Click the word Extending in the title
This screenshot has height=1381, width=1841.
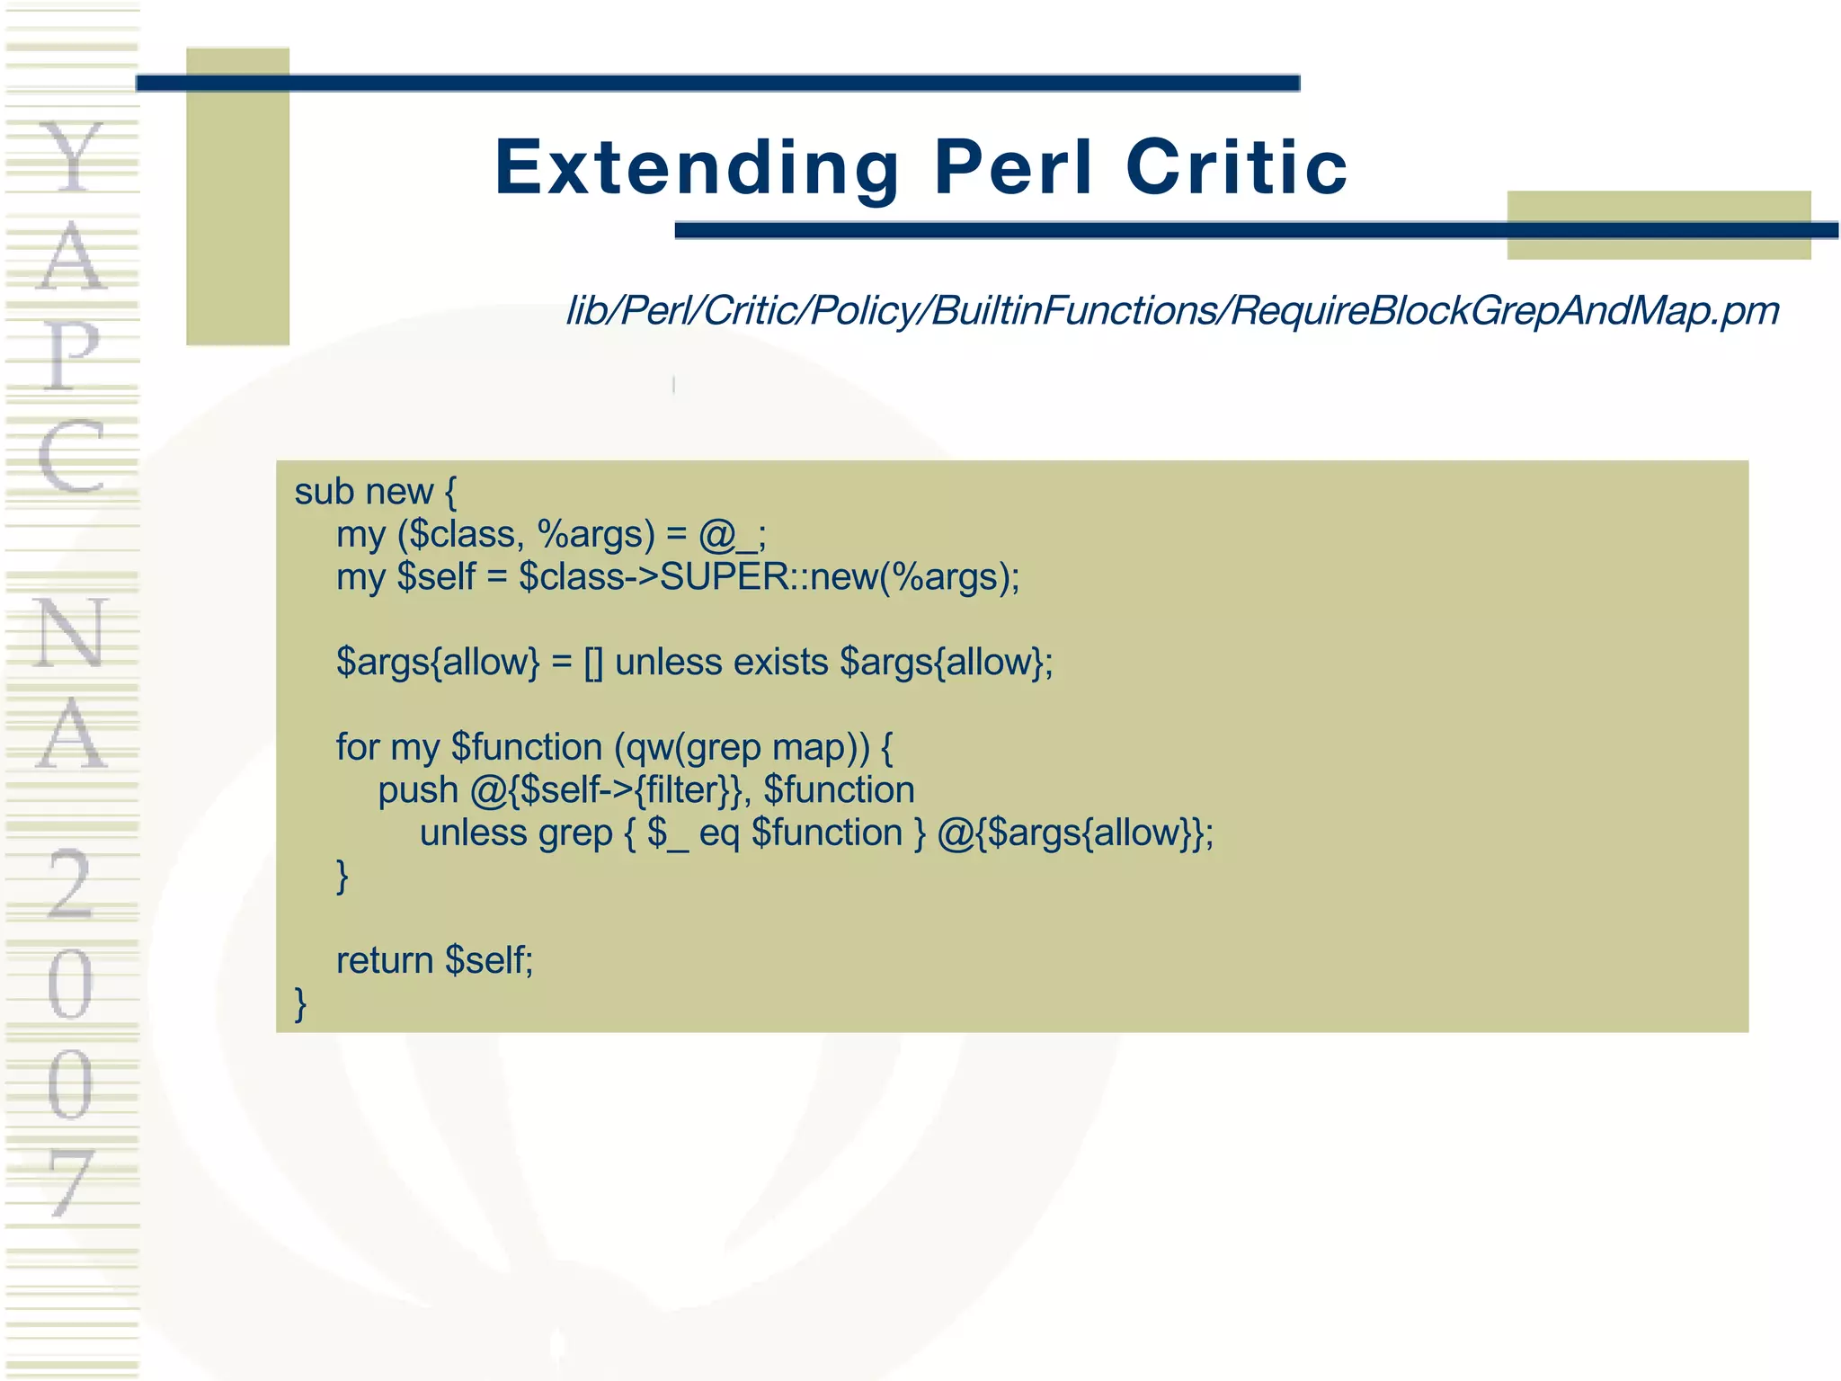pos(697,168)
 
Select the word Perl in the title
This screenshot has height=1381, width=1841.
pos(1013,168)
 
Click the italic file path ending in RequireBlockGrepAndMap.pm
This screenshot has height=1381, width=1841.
pos(1172,311)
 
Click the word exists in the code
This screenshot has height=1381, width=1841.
pos(780,663)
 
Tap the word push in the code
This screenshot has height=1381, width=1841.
pos(418,790)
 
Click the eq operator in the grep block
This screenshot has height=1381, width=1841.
pos(719,833)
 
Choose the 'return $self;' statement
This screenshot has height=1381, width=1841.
pos(434,961)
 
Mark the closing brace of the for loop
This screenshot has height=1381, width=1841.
pos(342,876)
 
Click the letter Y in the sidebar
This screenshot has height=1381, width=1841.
pos(72,157)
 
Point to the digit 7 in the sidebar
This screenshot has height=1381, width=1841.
pos(70,1181)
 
